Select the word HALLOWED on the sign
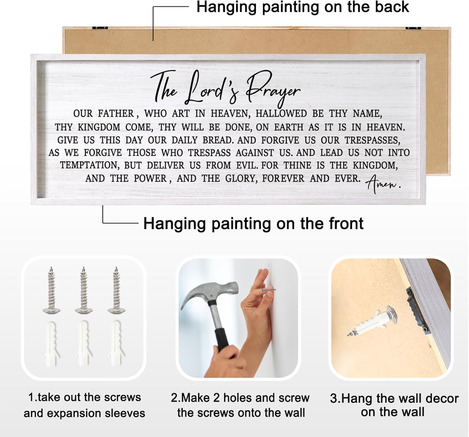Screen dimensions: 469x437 pos(281,113)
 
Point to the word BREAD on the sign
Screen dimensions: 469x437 pos(218,140)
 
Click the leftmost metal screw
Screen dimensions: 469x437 pos(51,290)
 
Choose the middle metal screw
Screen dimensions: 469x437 pos(84,290)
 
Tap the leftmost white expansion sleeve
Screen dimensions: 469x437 pos(51,343)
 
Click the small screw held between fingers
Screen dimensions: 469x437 pos(268,290)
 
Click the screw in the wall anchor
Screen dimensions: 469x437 pos(372,321)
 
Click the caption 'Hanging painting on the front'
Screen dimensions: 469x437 pos(253,223)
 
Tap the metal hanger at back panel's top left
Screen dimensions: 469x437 pos(100,28)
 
